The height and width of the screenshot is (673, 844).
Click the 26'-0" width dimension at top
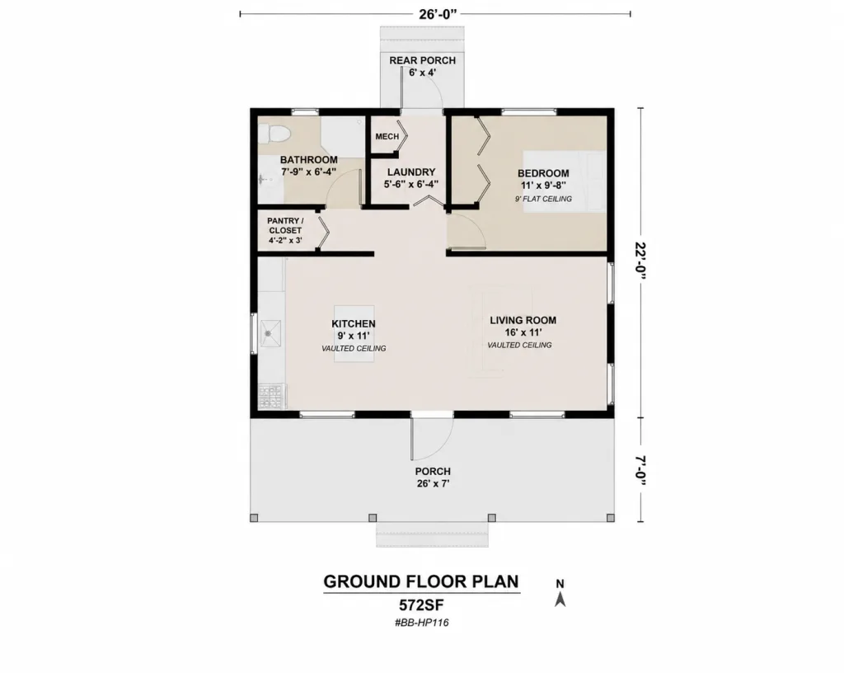438,14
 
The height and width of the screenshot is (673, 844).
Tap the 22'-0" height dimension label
640,261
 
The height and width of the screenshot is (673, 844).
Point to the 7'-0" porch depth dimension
640,470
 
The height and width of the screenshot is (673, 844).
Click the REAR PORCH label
423,60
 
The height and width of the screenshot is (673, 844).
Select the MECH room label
387,137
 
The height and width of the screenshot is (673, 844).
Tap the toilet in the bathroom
274,134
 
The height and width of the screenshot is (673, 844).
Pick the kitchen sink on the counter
270,333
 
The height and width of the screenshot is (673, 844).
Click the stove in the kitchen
270,396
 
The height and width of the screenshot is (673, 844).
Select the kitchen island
354,333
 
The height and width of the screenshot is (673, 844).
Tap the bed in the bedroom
565,181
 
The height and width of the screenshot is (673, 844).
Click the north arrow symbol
560,599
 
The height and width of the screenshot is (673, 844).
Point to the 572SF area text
421,605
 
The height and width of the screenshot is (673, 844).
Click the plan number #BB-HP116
421,623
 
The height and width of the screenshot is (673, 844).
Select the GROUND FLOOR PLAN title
421,581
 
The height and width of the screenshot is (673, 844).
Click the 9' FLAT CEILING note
543,200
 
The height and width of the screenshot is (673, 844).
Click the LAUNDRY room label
411,172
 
